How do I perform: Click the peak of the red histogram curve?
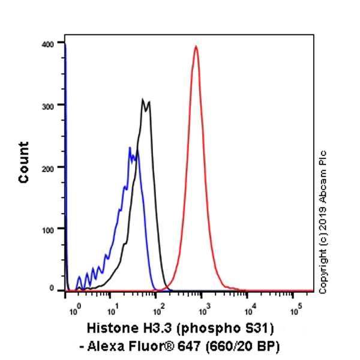(x=196, y=46)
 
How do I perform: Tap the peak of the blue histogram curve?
(x=130, y=148)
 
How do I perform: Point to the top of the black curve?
(x=143, y=100)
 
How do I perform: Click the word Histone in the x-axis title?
(x=109, y=328)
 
